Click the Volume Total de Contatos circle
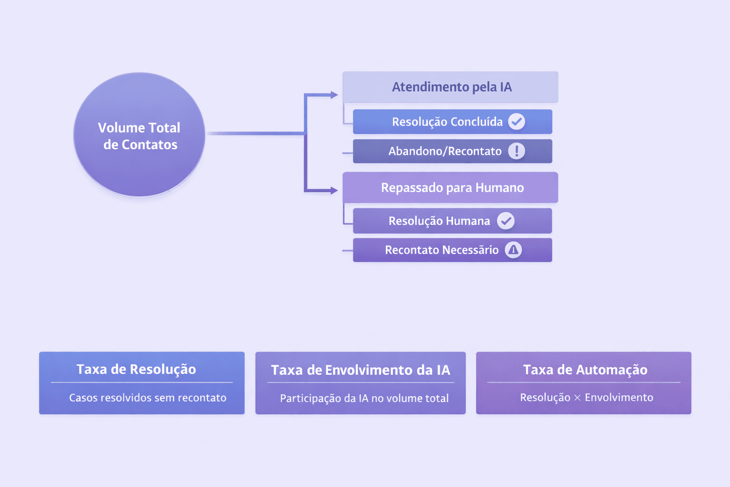[139, 135]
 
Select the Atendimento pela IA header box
[451, 87]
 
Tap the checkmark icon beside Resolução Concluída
[517, 122]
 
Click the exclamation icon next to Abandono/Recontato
[517, 151]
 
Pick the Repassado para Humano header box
[451, 188]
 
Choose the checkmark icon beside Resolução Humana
[506, 221]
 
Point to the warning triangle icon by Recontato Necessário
[513, 250]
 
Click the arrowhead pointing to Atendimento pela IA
[334, 95]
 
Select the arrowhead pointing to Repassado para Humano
[334, 191]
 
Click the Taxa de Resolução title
[136, 370]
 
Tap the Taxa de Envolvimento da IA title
[361, 370]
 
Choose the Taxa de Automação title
[585, 370]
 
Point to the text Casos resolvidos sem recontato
[148, 398]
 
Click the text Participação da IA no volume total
[364, 398]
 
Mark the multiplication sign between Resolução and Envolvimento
[577, 398]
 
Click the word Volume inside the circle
[121, 127]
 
